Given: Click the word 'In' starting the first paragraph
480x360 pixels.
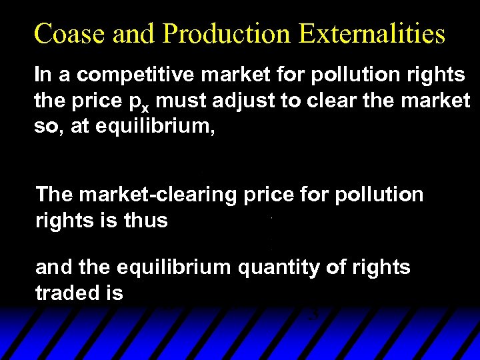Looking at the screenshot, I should coord(42,75).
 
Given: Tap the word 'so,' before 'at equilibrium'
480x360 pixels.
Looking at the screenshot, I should coord(48,127).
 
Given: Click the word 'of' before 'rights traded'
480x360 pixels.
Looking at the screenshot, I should coord(333,268).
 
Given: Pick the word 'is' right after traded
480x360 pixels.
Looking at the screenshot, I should coord(115,293).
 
